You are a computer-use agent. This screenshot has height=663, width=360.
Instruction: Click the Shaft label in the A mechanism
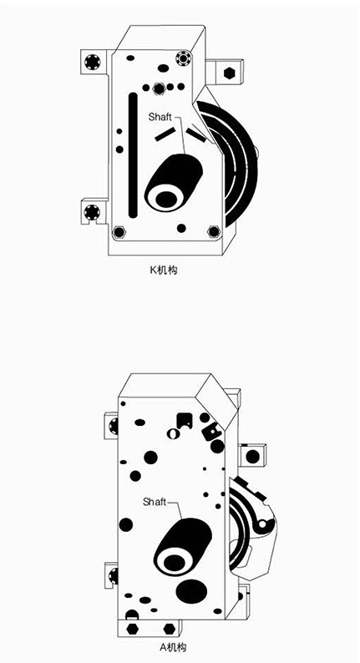[155, 502]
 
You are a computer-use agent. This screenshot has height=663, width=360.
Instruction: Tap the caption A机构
[172, 646]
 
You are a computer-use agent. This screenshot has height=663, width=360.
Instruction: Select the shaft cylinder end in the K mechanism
[166, 198]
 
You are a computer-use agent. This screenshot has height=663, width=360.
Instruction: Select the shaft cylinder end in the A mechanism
[175, 561]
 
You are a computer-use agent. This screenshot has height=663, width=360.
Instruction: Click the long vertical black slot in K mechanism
[134, 155]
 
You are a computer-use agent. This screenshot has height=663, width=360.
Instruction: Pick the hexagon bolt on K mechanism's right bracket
[230, 73]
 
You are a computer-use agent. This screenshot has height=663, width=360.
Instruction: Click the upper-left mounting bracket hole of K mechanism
[92, 62]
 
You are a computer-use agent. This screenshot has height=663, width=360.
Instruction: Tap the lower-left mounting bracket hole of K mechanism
[92, 211]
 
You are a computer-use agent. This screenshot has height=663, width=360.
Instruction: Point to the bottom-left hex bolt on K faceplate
[119, 231]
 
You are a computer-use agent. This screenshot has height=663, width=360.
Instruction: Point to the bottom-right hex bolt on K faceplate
[214, 231]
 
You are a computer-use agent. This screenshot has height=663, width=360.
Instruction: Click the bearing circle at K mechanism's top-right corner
[184, 58]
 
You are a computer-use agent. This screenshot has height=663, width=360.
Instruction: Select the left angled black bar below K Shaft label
[165, 134]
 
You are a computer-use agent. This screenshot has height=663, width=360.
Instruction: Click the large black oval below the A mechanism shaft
[191, 591]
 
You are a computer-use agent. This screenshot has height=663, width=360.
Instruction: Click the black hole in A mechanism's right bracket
[252, 457]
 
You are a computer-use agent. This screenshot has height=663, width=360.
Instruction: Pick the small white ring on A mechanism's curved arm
[262, 524]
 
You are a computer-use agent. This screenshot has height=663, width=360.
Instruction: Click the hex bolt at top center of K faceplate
[159, 89]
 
